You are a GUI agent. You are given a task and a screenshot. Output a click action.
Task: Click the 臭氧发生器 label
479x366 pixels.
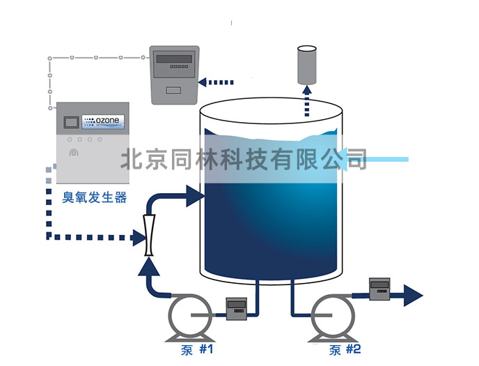95,197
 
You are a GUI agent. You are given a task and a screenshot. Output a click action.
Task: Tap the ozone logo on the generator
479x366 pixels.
104,121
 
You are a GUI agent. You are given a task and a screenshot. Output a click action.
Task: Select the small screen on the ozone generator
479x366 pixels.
68,123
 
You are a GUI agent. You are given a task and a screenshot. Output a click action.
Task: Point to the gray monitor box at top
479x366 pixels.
174,75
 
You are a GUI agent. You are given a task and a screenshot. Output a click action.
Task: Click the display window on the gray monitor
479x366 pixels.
173,60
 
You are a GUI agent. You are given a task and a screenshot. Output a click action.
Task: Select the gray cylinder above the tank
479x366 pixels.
306,64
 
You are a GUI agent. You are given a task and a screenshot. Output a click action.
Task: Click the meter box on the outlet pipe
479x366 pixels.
379,289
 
